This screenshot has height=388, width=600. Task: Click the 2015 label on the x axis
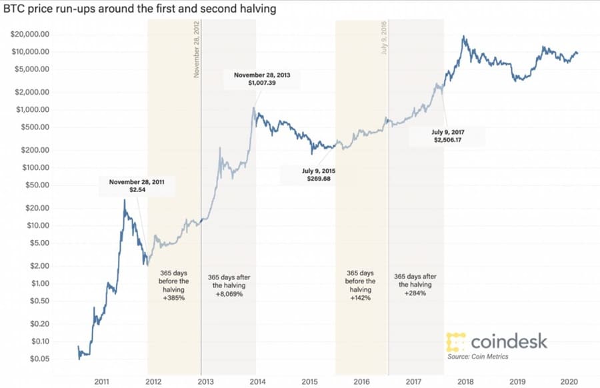coord(309,381)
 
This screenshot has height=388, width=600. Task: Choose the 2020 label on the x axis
coord(569,381)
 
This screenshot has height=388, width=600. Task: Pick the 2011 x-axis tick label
coord(101,381)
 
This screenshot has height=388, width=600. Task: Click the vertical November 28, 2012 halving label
coord(197,50)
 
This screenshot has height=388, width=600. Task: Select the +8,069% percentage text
coord(229,294)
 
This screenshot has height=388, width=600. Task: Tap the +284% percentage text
coord(415,294)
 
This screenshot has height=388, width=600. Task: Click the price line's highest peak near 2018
coord(463,37)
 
